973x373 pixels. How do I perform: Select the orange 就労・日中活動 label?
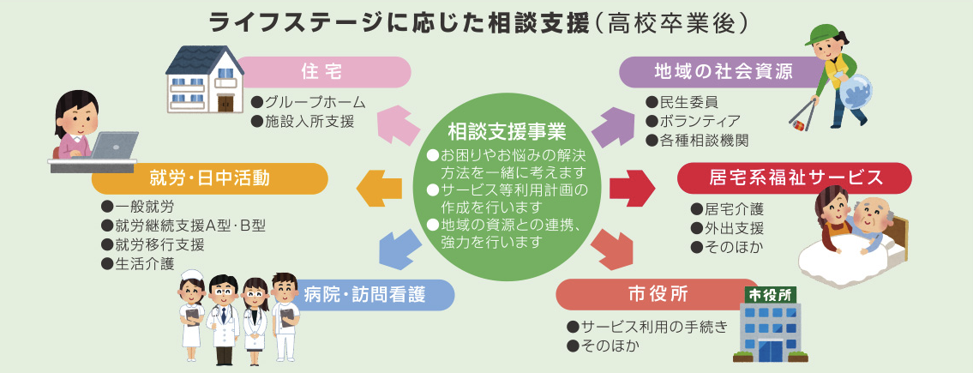tap(209, 177)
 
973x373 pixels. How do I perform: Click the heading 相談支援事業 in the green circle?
tap(506, 132)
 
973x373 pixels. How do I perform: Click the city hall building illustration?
tap(770, 325)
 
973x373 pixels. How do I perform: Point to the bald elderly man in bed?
tap(874, 220)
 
